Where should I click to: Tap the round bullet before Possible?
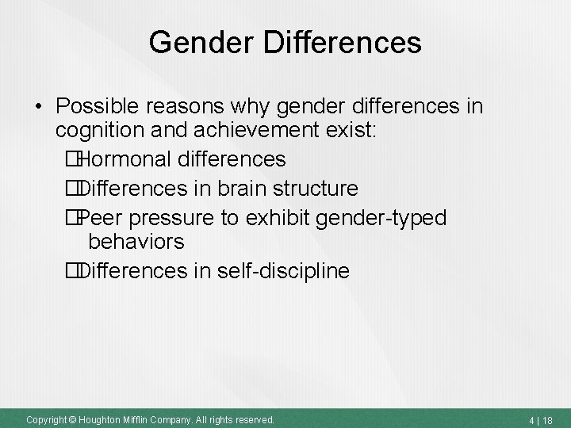pyautogui.click(x=38, y=106)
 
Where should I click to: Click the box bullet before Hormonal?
pyautogui.click(x=73, y=160)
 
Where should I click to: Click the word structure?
pyautogui.click(x=319, y=189)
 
